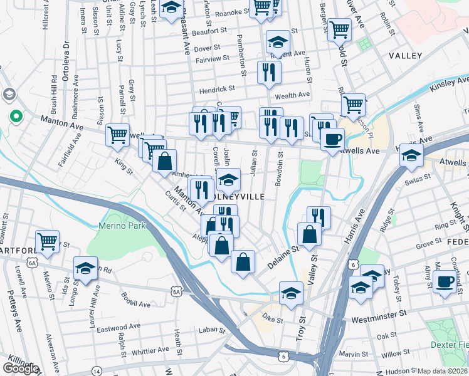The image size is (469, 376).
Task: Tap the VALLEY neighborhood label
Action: click(405, 56)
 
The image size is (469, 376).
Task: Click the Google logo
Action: click(21, 368)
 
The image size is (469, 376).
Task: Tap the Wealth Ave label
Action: click(292, 95)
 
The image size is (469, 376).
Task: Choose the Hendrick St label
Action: click(216, 90)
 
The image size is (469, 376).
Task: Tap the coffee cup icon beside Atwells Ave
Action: click(332, 138)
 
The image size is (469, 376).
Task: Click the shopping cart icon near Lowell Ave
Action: click(48, 241)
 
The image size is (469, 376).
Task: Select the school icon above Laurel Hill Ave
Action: click(86, 268)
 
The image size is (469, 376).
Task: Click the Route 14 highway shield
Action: click(96, 371)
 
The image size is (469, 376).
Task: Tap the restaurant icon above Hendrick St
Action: click(269, 71)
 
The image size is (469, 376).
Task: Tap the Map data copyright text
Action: click(443, 371)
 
